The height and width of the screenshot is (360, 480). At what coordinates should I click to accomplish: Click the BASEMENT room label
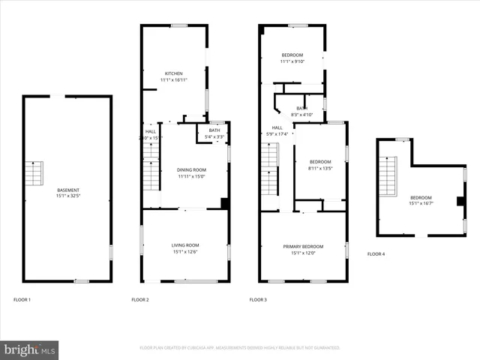click(x=67, y=190)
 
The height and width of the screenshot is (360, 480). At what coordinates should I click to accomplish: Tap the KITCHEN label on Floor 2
click(x=173, y=73)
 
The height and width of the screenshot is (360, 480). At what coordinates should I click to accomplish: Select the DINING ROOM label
click(x=191, y=170)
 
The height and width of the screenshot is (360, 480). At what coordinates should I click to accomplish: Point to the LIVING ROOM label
click(x=184, y=245)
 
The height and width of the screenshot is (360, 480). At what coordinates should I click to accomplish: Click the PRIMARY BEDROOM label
click(x=303, y=247)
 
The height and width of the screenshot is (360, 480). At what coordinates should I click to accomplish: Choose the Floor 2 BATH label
click(x=215, y=130)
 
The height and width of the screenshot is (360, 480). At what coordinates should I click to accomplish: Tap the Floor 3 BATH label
click(x=301, y=109)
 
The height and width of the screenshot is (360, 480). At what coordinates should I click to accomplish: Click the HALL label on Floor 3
click(x=277, y=128)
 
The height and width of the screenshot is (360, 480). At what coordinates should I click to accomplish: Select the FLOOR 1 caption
click(x=22, y=299)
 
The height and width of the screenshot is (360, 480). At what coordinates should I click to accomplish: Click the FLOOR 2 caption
click(x=140, y=299)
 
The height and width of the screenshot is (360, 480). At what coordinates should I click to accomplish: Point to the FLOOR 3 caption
click(x=258, y=299)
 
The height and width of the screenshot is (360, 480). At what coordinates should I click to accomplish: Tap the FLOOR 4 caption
click(x=376, y=254)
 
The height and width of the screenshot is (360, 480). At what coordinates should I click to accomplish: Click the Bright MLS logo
click(x=30, y=349)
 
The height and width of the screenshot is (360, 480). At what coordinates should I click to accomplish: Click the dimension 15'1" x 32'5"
click(x=67, y=196)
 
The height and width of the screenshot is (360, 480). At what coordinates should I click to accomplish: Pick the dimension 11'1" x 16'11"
click(x=173, y=79)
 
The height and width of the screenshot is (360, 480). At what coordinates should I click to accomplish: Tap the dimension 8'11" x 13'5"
click(x=320, y=168)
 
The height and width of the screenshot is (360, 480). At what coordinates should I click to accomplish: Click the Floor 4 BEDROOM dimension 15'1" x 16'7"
click(x=422, y=202)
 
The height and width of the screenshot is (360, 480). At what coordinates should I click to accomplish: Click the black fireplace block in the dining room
click(x=224, y=202)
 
